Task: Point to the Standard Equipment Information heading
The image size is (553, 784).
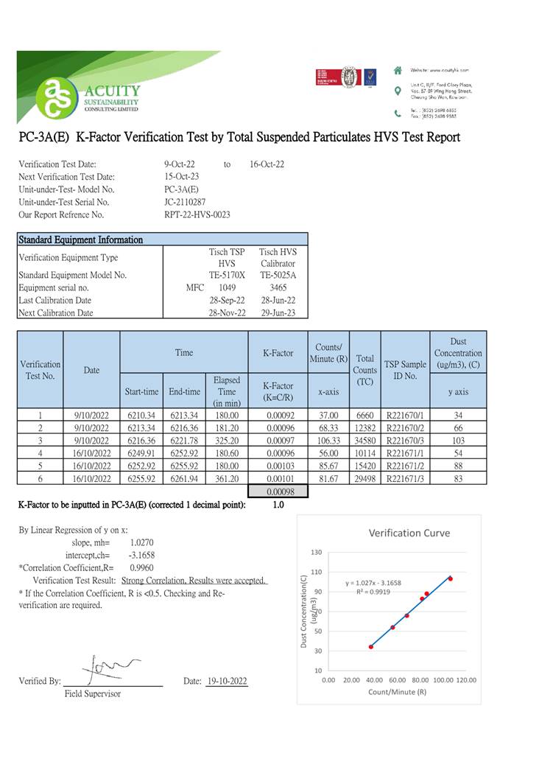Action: [x=81, y=239]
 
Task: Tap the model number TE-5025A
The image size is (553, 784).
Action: [x=278, y=275]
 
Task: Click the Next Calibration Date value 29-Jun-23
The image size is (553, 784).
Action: [x=278, y=312]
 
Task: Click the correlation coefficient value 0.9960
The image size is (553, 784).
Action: [x=141, y=568]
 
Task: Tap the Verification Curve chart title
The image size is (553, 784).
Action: [x=409, y=533]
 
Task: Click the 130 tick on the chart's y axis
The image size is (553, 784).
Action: [x=317, y=553]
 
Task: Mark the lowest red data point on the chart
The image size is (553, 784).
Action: [x=371, y=646]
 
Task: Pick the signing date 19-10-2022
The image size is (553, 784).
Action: [x=227, y=681]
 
